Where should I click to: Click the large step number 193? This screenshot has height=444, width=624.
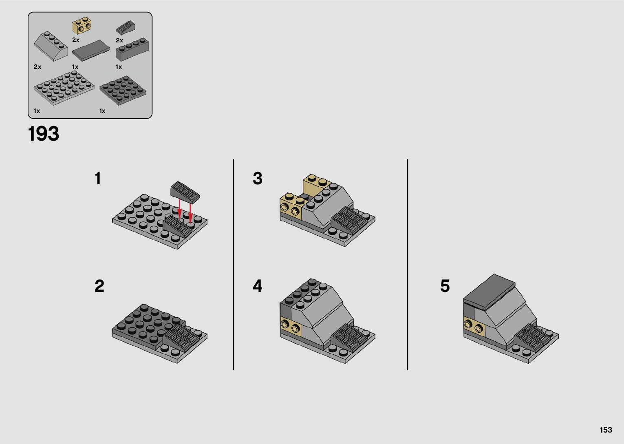pos(44,134)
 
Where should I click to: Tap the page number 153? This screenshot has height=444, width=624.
pos(606,430)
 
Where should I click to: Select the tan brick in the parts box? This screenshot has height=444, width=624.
pos(82,26)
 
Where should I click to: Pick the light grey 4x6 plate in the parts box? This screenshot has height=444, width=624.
pos(64,88)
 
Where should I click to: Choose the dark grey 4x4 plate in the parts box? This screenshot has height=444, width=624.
pos(123,90)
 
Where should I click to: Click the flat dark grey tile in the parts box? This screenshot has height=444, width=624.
pos(91,50)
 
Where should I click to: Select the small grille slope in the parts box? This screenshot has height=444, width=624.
pos(126,28)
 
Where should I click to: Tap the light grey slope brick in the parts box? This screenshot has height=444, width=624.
pos(51,46)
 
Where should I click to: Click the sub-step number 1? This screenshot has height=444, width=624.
pos(98,178)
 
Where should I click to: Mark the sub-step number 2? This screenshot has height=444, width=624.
pos(99,286)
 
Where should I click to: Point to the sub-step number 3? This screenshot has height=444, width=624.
pos(258,178)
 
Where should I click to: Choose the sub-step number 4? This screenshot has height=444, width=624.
pos(258,286)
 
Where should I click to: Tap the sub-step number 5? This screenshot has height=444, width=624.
pos(445,286)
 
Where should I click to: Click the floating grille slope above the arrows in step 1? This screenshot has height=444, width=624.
pos(185,192)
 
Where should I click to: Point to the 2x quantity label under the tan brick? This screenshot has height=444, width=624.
pos(76,40)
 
